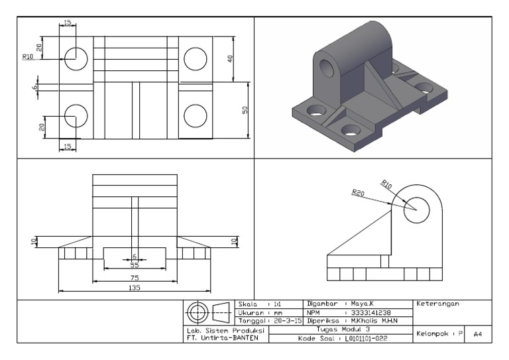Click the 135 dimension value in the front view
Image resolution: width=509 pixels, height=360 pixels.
coord(135,288)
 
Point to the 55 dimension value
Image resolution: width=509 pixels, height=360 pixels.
coord(135,265)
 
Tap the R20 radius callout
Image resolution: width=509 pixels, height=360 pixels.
coord(358,193)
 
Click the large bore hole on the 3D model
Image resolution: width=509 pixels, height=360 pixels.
coord(326,68)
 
